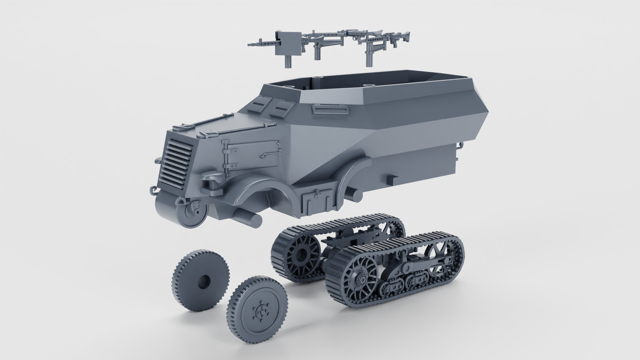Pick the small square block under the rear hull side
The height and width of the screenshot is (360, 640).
[x=392, y=180]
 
